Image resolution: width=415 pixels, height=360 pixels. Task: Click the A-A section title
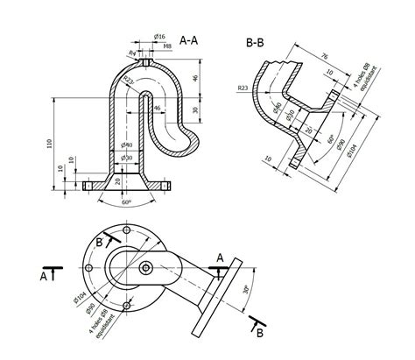click(x=188, y=40)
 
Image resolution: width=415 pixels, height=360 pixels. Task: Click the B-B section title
click(x=256, y=41)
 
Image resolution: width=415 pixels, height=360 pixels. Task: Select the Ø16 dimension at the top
click(x=160, y=36)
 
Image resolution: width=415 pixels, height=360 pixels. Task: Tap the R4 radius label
click(x=132, y=53)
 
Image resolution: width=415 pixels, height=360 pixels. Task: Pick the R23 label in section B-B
click(x=243, y=88)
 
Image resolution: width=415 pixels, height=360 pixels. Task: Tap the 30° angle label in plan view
click(x=246, y=290)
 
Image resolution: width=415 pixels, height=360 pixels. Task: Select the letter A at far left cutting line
click(x=43, y=276)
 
